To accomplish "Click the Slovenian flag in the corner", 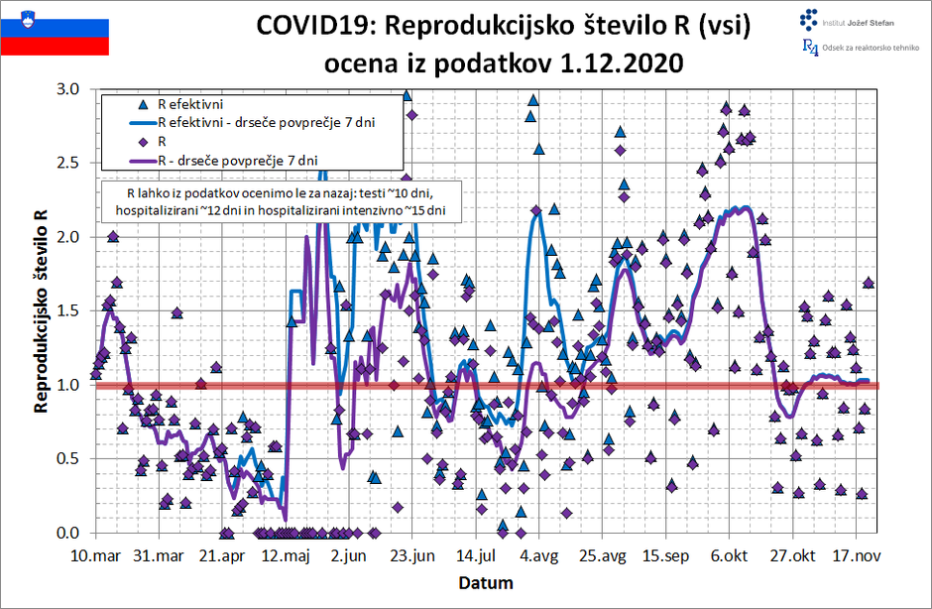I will pos(55,30).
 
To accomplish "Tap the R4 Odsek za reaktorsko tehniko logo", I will pos(857,49).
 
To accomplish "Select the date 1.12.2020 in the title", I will pos(622,63).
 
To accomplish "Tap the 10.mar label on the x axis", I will pos(97,554).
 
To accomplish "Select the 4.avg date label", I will pos(541,554).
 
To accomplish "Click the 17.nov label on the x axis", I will pos(857,554).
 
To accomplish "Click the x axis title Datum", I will pos(485,581).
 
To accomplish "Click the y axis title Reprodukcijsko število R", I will pos(41,310).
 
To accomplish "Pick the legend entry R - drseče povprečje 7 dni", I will pos(237,159).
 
